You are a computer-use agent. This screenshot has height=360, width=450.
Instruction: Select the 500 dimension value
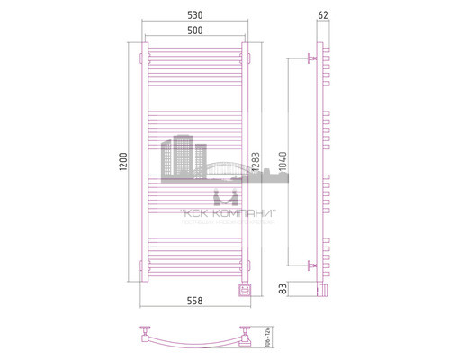pos(194,31)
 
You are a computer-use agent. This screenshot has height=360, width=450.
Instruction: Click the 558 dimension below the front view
pos(194,301)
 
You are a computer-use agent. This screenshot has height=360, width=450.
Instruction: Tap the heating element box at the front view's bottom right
pos(244,288)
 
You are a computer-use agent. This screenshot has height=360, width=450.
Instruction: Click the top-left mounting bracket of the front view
pos(139,58)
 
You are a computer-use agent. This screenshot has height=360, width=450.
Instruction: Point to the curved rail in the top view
pos(193,343)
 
